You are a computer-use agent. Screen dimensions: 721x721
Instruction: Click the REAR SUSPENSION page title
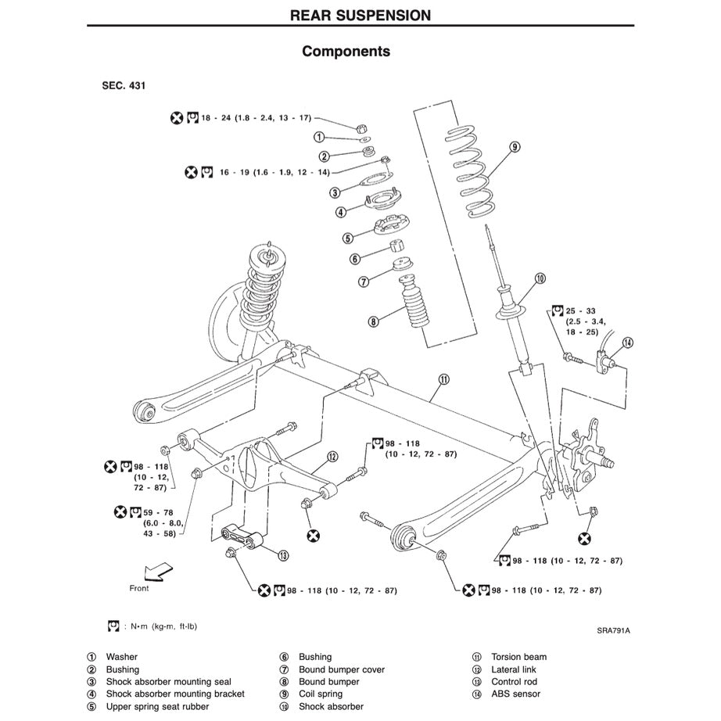coord(360,14)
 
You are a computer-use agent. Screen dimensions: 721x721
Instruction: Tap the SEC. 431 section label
coord(124,84)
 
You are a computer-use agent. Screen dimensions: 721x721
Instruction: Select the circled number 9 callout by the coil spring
coord(515,146)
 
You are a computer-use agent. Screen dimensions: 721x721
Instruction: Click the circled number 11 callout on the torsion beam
coord(443,380)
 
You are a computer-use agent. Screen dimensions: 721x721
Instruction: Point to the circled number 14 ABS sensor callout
coord(628,343)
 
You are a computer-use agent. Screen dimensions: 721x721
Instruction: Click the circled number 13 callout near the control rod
coord(283,555)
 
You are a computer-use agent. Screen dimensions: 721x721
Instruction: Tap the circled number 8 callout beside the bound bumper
coord(374,321)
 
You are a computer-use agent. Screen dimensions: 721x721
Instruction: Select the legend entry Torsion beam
coord(518,657)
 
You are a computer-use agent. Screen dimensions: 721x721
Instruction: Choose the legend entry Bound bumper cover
coord(342,669)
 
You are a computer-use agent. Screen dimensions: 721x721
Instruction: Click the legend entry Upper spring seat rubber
coord(157,706)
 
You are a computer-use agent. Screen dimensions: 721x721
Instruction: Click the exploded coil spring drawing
coord(470,170)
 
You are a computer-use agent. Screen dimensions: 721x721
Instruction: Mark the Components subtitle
coord(346,52)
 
